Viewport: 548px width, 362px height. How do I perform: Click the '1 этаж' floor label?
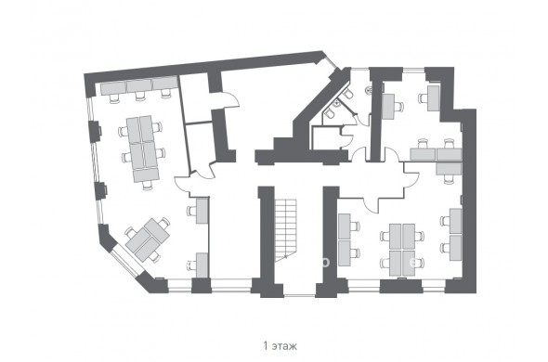tap(280, 346)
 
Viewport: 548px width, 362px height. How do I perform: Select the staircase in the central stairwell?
tap(285, 230)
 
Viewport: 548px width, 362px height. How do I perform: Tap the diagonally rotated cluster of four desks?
tap(148, 239)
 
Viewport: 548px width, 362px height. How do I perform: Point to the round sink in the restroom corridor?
tap(368, 90)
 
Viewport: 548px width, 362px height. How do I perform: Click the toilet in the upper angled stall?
tap(347, 94)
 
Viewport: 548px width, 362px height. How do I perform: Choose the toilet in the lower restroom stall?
tap(329, 112)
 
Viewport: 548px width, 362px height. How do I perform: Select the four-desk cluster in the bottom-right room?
tap(402, 250)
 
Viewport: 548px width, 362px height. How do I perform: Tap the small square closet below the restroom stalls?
tap(325, 138)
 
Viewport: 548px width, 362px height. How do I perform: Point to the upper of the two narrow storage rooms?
tap(196, 98)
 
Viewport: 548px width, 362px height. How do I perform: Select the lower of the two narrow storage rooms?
tap(201, 147)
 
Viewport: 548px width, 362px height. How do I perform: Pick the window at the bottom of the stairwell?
tap(300, 295)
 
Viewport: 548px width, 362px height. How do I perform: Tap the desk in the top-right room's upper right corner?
tap(434, 98)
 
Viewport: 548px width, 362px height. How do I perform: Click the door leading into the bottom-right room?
tap(372, 205)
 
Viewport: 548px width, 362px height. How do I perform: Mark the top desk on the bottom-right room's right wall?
tap(455, 221)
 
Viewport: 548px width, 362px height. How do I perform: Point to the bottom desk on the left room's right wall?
tap(202, 265)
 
